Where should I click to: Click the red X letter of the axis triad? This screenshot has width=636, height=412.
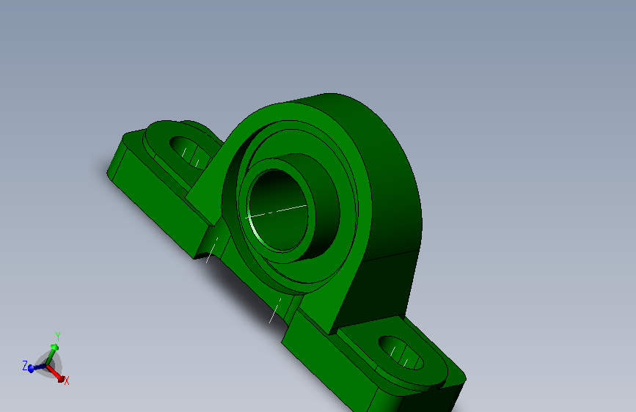(x=67, y=381)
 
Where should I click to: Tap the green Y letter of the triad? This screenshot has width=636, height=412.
(x=57, y=336)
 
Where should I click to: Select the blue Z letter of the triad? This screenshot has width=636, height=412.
(x=25, y=364)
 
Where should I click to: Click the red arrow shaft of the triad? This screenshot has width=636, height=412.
(x=54, y=372)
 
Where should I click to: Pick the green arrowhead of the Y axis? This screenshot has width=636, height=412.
(x=54, y=347)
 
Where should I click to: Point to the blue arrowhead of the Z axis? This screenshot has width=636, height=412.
(x=32, y=369)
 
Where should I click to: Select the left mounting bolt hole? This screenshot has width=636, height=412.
(x=188, y=152)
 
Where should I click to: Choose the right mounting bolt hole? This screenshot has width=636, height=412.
(x=402, y=353)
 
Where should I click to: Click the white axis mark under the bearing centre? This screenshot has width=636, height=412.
(x=274, y=311)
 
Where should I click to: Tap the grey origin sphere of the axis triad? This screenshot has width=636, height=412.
(x=50, y=364)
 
